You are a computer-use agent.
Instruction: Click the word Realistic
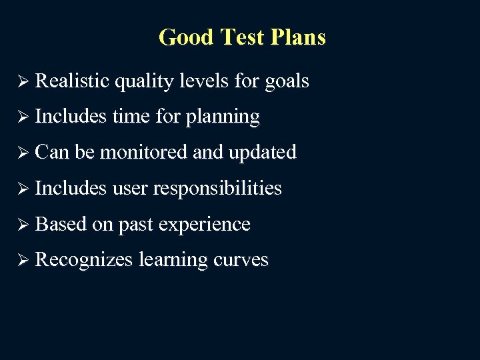tap(72, 81)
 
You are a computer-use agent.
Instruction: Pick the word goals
tap(287, 82)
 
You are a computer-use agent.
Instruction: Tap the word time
tap(131, 117)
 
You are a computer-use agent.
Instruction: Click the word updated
tap(262, 153)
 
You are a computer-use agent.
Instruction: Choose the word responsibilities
tap(217, 189)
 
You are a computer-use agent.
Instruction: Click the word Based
tap(61, 224)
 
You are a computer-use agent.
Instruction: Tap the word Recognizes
tap(84, 261)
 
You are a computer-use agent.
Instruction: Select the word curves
tap(241, 260)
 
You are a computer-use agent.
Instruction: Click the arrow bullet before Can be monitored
tap(23, 153)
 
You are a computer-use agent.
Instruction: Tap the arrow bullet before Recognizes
tap(23, 261)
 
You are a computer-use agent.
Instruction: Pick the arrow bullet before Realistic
tap(23, 81)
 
